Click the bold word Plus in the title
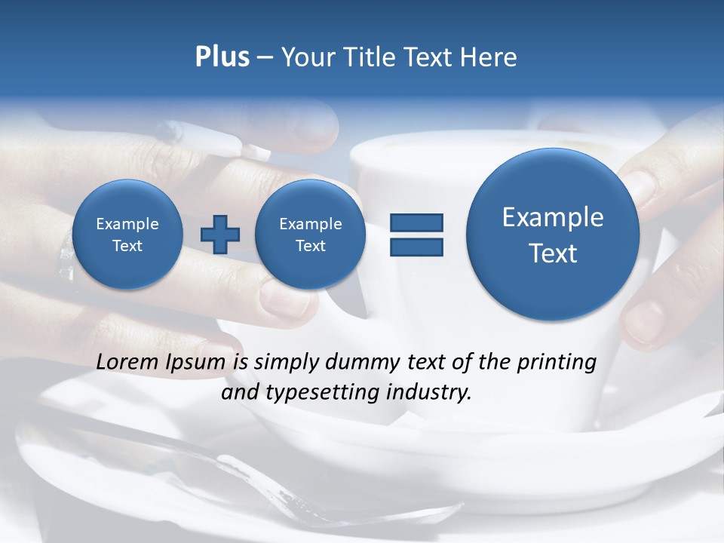pyautogui.click(x=222, y=57)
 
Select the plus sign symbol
pyautogui.click(x=220, y=235)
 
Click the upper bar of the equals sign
pyautogui.click(x=416, y=222)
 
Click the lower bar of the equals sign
pyautogui.click(x=416, y=247)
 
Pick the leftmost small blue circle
pyautogui.click(x=127, y=234)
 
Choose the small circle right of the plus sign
pyautogui.click(x=310, y=234)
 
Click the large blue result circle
pyautogui.click(x=553, y=234)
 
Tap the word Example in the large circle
pyautogui.click(x=553, y=217)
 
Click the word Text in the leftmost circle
pyautogui.click(x=127, y=246)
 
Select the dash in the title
pyautogui.click(x=265, y=58)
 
